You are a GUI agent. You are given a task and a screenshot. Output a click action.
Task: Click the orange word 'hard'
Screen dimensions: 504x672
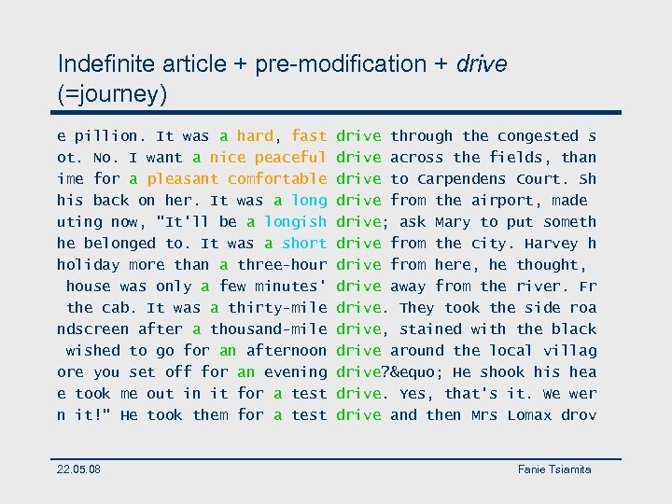click(255, 136)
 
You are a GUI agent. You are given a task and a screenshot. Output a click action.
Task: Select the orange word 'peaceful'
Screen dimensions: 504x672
click(290, 158)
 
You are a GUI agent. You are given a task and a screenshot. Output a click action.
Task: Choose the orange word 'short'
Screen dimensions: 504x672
click(304, 244)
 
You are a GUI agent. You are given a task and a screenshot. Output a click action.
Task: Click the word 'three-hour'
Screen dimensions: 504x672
click(282, 265)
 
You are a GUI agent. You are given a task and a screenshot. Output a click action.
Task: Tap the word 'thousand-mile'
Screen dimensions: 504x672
click(268, 329)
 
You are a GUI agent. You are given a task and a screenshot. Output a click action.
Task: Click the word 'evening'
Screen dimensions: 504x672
click(295, 372)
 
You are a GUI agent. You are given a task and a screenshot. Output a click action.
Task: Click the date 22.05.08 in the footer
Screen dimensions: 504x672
click(79, 469)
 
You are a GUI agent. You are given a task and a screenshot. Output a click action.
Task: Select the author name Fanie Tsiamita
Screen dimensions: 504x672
click(554, 469)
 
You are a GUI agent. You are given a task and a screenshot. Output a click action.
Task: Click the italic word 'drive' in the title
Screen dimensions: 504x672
click(482, 64)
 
